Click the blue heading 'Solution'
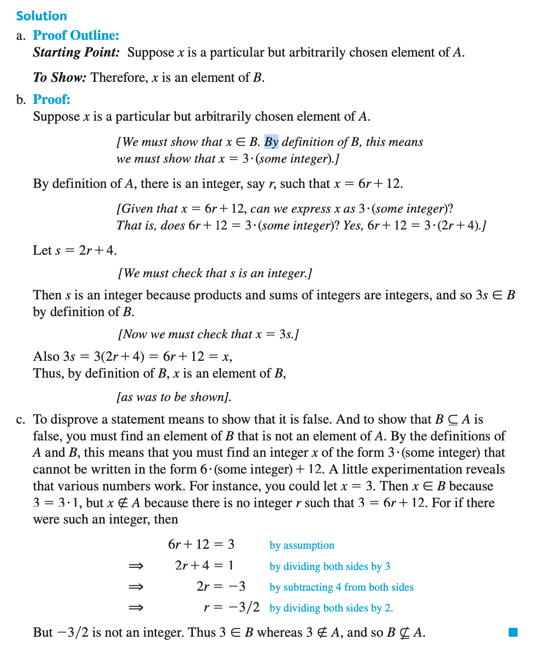[42, 16]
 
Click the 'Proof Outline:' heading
[76, 35]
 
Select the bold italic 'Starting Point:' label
[76, 53]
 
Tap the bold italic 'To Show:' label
[60, 78]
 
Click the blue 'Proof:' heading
[52, 99]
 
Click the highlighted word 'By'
[271, 142]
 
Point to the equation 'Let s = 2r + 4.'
[75, 251]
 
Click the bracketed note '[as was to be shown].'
[174, 397]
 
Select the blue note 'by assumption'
[302, 545]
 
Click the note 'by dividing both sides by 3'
[330, 566]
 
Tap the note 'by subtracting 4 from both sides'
[342, 587]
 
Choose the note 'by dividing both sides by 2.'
[331, 608]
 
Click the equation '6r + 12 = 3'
[201, 544]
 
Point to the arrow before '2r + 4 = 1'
[136, 566]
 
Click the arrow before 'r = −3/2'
[136, 608]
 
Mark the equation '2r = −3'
[221, 587]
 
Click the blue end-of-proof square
[513, 632]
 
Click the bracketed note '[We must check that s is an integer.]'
[215, 273]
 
